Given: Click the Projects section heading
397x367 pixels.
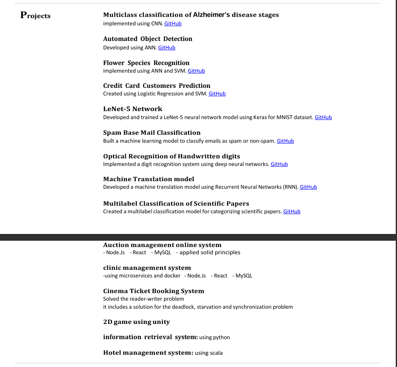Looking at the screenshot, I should tap(35, 16).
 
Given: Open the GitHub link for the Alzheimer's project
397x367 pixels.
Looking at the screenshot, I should tap(173, 24).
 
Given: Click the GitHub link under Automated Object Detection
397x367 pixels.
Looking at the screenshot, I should tap(167, 48).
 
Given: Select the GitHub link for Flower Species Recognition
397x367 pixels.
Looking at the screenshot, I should tap(196, 71).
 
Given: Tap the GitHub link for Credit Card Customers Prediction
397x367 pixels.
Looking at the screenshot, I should tap(217, 94).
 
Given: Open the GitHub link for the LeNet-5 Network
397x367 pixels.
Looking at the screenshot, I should tap(323, 117).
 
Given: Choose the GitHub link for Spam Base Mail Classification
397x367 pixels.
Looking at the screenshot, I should tap(285, 141).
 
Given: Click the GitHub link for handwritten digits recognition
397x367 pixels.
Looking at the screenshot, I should tap(279, 164).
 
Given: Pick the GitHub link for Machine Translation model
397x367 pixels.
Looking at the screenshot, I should tap(308, 187).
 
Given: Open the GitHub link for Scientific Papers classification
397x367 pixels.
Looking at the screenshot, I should tap(292, 212).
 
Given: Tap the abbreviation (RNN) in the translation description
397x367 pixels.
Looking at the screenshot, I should tap(290, 187).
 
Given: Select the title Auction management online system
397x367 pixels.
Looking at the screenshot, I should tap(162, 245).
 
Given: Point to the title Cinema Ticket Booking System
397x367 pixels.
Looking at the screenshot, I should tap(154, 291).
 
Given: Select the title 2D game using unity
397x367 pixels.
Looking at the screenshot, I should tap(136, 322).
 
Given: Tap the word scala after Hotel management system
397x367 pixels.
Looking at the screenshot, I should tap(215, 353).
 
